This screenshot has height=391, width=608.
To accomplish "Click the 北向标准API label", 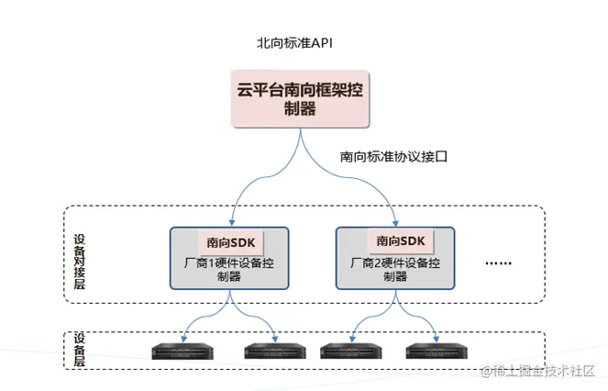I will point(293,42).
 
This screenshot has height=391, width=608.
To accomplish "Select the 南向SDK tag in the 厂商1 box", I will point(230,241).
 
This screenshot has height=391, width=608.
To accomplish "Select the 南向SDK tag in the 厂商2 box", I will point(401,241).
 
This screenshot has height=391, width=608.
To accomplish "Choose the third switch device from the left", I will point(349,351).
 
